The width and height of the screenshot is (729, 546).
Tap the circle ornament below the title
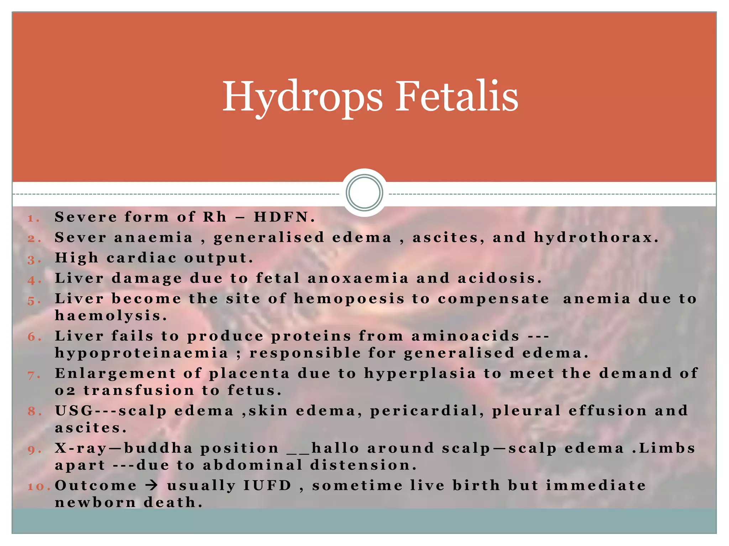(x=364, y=192)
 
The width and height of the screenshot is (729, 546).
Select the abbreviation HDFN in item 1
(x=281, y=217)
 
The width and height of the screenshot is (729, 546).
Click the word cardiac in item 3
(x=141, y=258)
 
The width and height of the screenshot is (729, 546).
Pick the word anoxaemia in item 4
(x=358, y=278)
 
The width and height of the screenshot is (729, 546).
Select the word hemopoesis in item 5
(x=349, y=299)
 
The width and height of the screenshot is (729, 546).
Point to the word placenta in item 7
(x=249, y=374)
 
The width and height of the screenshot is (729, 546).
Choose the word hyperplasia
(x=420, y=374)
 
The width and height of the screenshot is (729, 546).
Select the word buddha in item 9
(x=158, y=448)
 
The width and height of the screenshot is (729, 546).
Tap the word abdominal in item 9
(x=252, y=465)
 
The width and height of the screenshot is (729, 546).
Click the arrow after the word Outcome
(x=152, y=486)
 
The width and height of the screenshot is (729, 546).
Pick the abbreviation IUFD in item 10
(x=267, y=486)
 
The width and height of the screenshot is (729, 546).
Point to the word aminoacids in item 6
(x=466, y=336)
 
